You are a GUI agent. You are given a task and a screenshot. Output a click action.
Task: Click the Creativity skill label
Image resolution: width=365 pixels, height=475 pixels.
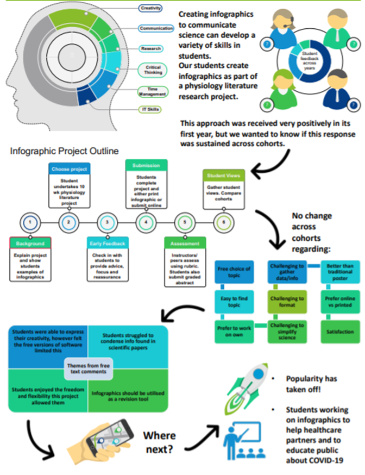(x=150, y=9)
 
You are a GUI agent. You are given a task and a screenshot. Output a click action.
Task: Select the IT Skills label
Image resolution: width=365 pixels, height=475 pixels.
(x=150, y=110)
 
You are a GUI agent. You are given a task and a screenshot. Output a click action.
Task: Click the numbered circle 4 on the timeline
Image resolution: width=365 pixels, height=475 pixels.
(x=143, y=222)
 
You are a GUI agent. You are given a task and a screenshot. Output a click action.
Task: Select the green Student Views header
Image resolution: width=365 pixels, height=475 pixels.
(x=223, y=176)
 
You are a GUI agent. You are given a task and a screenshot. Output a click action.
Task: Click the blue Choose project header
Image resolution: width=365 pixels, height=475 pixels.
(x=69, y=168)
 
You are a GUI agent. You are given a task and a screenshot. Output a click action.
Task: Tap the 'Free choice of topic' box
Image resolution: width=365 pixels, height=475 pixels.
(x=234, y=272)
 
